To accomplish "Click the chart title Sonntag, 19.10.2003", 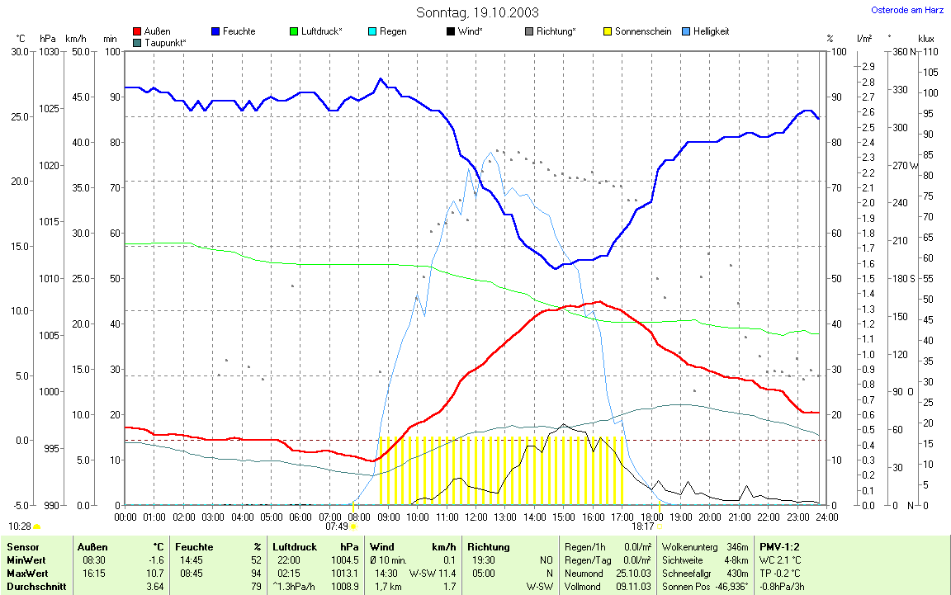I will click(x=477, y=12).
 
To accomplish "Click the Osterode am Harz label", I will click(x=907, y=11).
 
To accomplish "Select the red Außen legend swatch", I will click(x=137, y=32).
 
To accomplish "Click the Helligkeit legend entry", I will click(x=723, y=32).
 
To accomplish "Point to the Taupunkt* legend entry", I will click(x=164, y=42).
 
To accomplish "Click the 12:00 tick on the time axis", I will click(x=475, y=517).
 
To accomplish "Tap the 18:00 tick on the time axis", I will click(x=651, y=517).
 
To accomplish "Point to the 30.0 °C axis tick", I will click(x=17, y=52).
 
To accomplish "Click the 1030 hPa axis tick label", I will click(x=48, y=52).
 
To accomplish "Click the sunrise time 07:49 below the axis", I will click(x=336, y=526).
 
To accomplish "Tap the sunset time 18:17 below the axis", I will click(x=643, y=526).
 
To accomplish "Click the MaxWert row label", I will click(x=27, y=574).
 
